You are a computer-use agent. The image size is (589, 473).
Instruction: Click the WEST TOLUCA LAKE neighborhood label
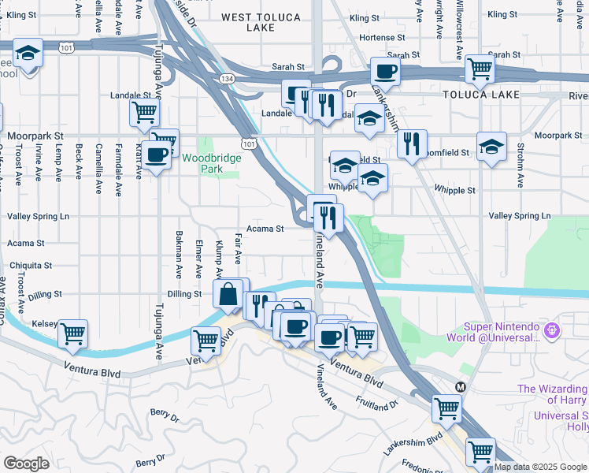point(259,22)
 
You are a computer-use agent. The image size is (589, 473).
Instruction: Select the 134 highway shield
point(228,79)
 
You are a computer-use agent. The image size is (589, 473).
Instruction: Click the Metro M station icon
point(461,388)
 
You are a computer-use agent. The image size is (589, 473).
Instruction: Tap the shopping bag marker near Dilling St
point(228,295)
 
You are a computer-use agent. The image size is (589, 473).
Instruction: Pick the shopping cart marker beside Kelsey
point(72,333)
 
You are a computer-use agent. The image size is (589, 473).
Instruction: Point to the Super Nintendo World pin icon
point(553,327)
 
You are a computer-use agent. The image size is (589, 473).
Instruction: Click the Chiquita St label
point(31,266)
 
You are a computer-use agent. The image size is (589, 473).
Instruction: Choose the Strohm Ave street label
point(520,164)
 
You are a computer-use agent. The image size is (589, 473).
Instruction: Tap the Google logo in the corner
point(26,464)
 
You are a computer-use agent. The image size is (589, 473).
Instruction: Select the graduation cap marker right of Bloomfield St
point(491,147)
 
